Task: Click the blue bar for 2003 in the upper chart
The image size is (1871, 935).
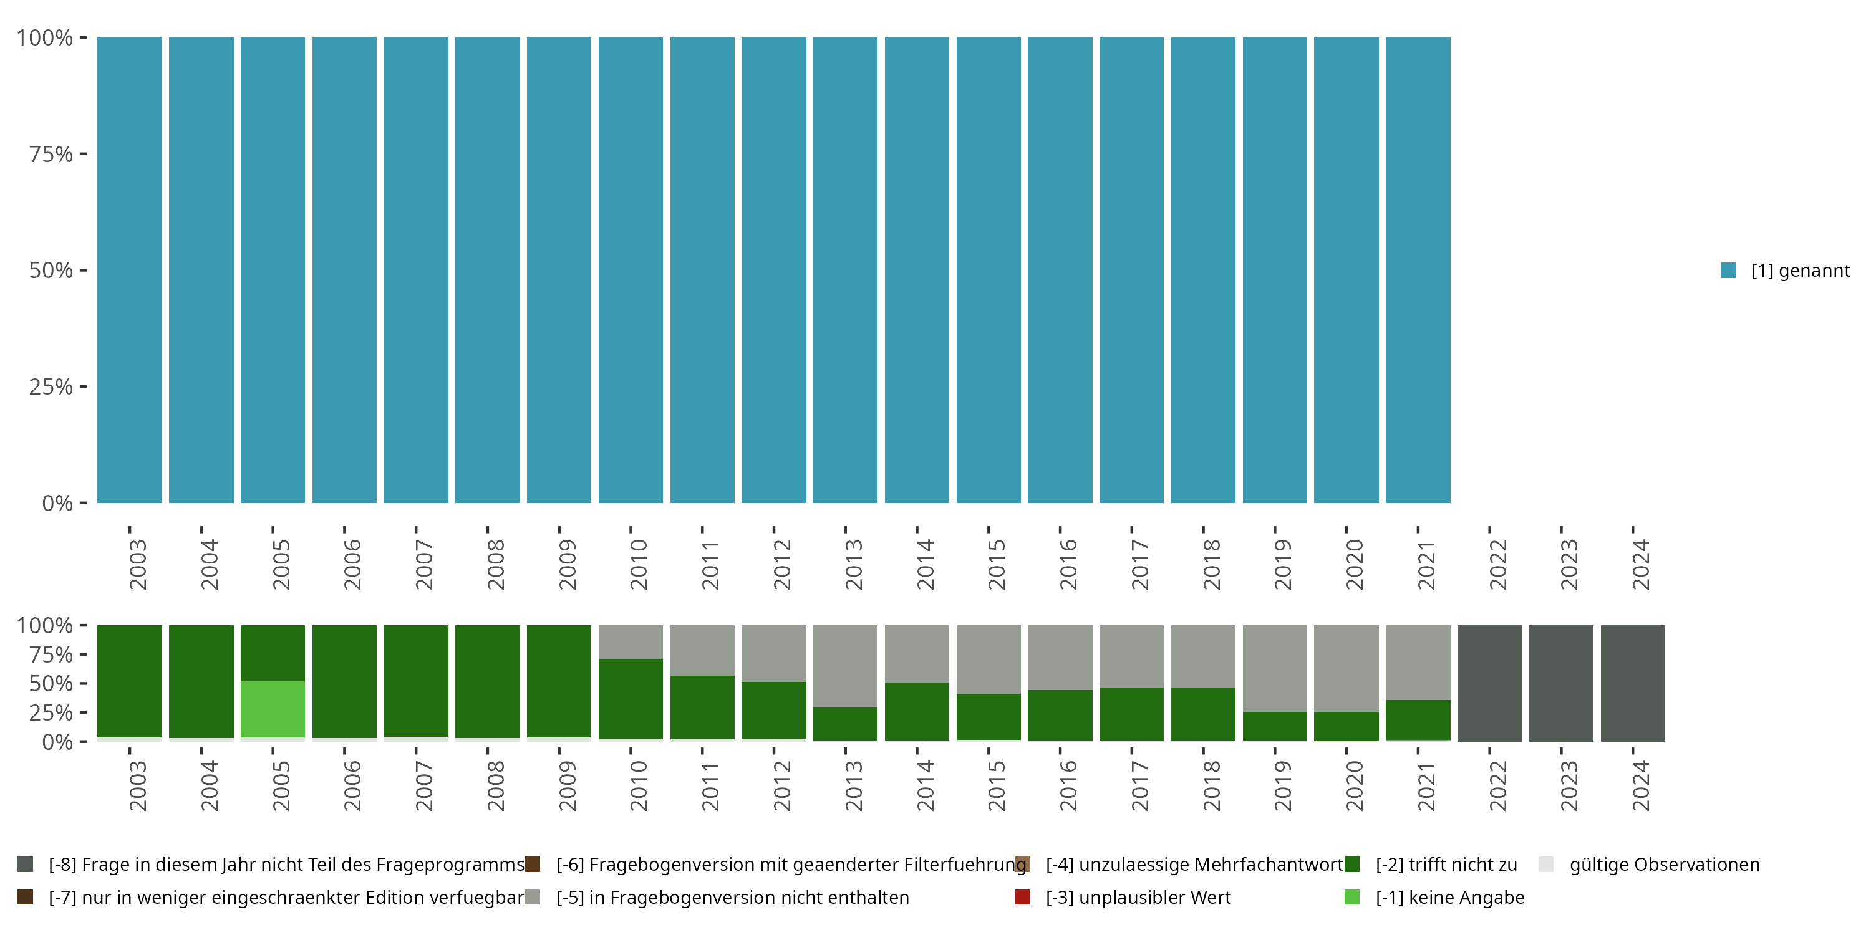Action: (x=129, y=270)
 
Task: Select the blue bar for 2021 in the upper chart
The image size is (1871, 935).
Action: (x=1418, y=270)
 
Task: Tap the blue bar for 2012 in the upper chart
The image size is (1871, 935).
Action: (x=773, y=270)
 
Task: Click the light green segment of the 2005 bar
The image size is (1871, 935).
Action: (x=273, y=709)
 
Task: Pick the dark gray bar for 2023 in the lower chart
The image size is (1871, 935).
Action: (x=1561, y=683)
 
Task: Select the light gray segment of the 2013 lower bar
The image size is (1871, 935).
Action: (x=844, y=666)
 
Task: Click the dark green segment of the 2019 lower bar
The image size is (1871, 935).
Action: (x=1275, y=726)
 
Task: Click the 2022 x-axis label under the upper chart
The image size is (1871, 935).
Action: (x=1497, y=565)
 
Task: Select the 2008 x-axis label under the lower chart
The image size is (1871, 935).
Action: (x=495, y=786)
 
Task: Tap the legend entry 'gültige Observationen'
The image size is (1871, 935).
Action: (x=1663, y=865)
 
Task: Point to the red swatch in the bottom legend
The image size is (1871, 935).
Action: (x=1022, y=897)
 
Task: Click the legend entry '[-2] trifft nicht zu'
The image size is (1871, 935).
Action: (x=1446, y=865)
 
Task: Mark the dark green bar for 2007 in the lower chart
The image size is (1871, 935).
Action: (x=415, y=681)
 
